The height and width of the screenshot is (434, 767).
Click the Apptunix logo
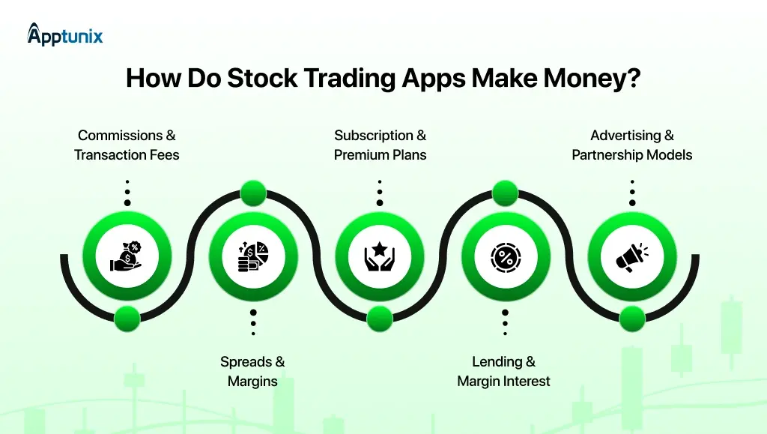tap(65, 34)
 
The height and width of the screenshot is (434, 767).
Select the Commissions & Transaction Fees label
tap(127, 145)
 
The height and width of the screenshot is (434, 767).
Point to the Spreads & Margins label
tap(252, 371)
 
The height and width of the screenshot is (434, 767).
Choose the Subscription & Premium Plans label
tap(380, 145)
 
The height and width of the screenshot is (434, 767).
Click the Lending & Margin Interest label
tap(503, 371)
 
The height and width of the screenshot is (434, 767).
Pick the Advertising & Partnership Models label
tap(631, 145)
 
